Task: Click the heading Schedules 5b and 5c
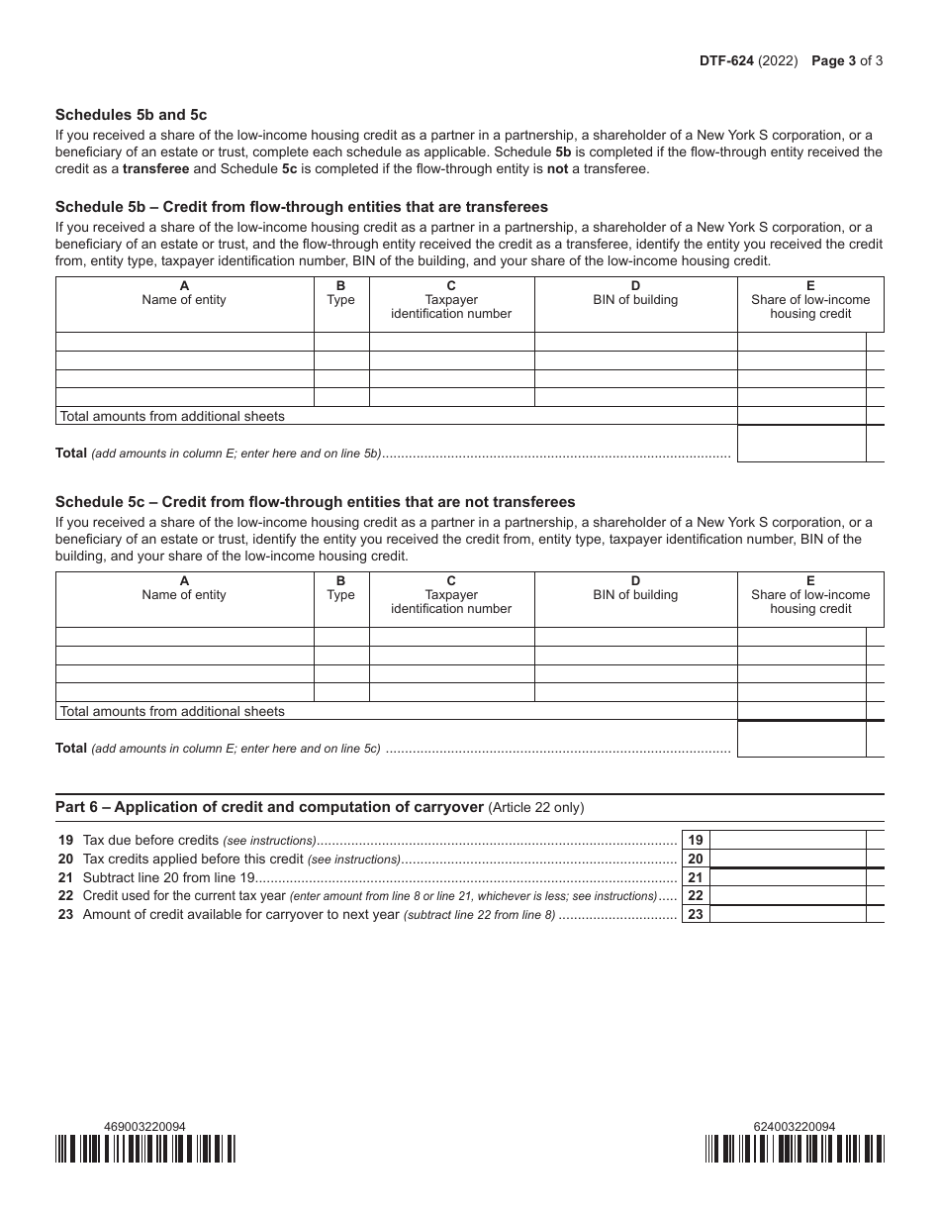coord(131,115)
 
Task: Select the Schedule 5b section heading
coord(301,207)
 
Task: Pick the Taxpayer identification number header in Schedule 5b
coord(451,306)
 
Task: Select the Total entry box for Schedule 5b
coord(801,444)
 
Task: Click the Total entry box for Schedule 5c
coord(801,739)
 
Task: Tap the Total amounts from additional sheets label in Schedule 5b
coord(172,416)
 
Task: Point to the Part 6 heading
coord(269,807)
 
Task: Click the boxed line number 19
coord(696,840)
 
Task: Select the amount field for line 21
coord(788,877)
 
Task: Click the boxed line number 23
coord(696,914)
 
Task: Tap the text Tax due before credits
coord(150,840)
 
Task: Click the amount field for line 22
coord(788,895)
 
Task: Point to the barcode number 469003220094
coord(144,1126)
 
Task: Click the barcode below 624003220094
coord(795,1149)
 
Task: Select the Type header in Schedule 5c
coord(340,588)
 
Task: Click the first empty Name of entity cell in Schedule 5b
coord(184,342)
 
